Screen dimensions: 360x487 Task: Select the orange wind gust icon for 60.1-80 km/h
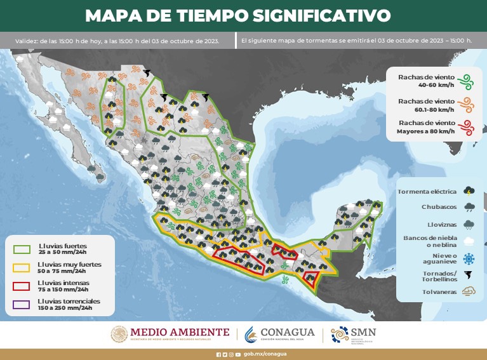click(x=467, y=105)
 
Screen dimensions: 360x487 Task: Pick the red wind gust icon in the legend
click(x=467, y=127)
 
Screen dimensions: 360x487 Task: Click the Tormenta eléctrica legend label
click(x=428, y=190)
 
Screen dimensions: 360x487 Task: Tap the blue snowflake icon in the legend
click(x=469, y=258)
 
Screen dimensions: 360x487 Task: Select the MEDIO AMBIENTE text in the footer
click(x=180, y=331)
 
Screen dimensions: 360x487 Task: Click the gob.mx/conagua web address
click(x=265, y=354)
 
